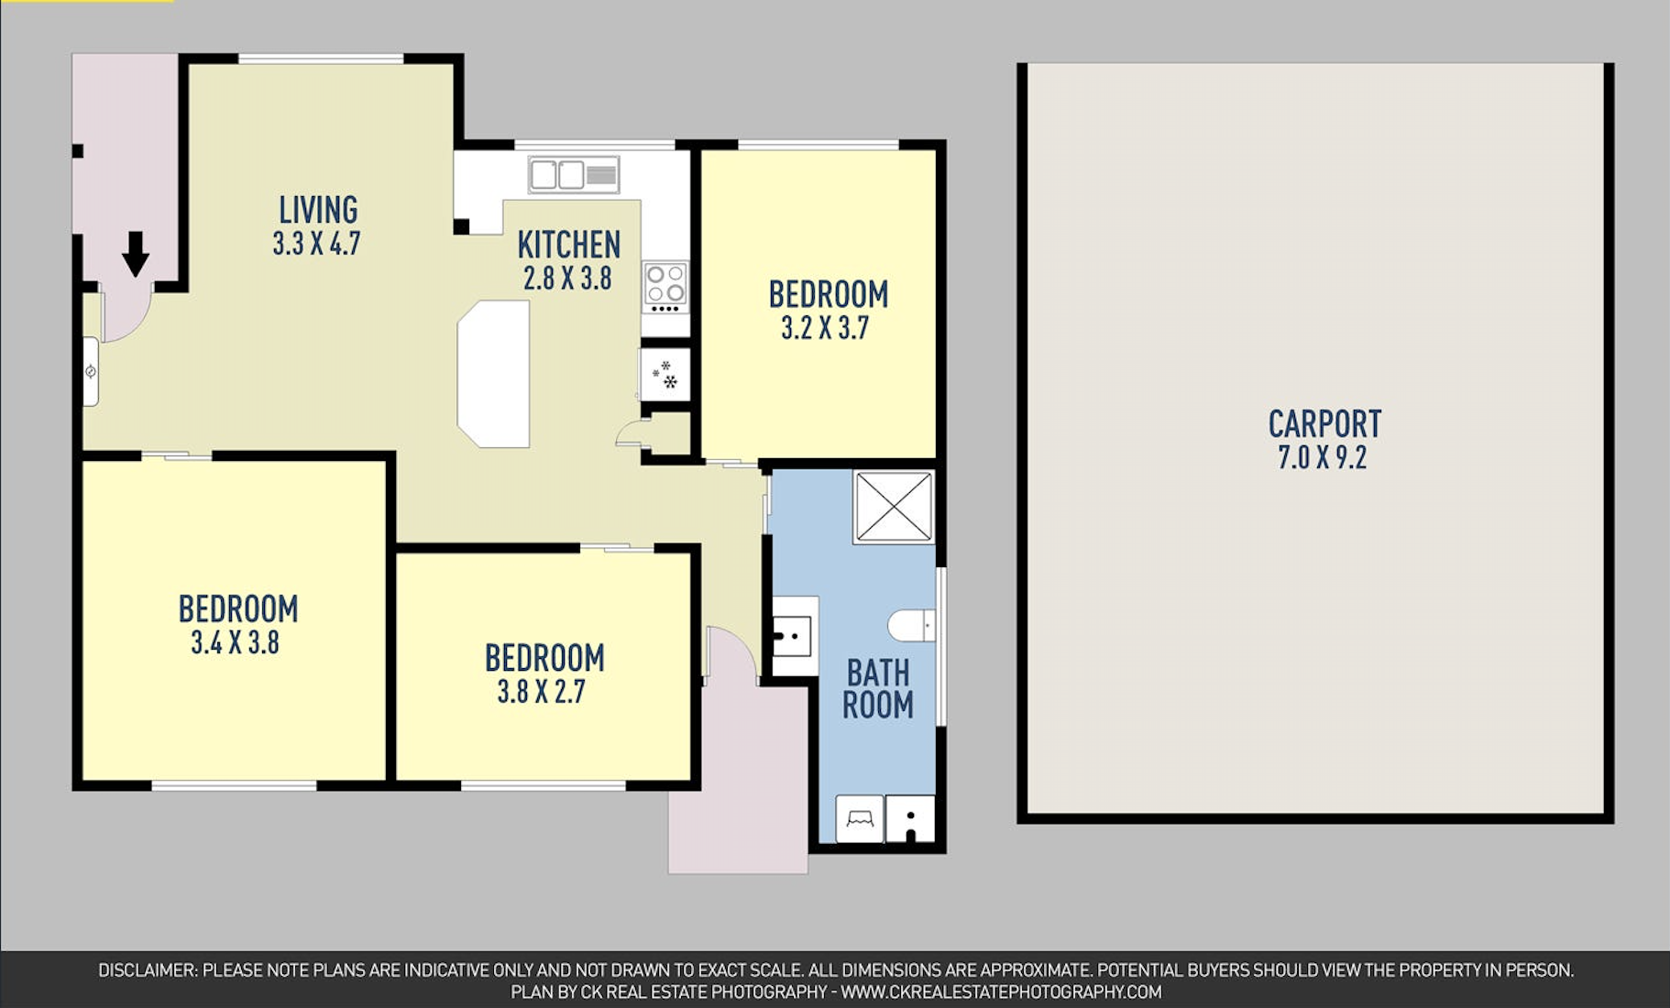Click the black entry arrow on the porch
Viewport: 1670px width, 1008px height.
coord(136,254)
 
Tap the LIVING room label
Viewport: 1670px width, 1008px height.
coord(318,210)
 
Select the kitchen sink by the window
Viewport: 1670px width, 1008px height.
coord(574,174)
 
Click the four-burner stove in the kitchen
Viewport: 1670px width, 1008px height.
coord(665,284)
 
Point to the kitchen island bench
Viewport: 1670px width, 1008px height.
coord(494,374)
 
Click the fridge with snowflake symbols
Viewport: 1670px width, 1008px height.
coord(665,374)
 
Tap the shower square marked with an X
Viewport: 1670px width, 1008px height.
coord(894,507)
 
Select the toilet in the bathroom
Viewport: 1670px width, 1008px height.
coord(912,626)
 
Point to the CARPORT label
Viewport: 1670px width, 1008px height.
coord(1324,424)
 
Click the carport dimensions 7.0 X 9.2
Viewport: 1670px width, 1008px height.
coord(1323,457)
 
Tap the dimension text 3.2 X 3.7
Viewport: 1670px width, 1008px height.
coord(825,328)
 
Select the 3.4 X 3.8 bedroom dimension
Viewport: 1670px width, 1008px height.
coord(235,642)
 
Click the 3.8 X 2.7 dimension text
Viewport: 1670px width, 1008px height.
coord(541,691)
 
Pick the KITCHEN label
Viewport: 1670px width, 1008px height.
coord(569,245)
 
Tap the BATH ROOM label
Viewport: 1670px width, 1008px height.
coord(878,689)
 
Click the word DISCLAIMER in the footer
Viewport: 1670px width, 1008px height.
coord(148,970)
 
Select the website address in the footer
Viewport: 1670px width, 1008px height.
coord(1001,992)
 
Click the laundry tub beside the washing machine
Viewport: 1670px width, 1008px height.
coord(911,818)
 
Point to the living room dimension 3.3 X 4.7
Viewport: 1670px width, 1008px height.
coord(316,244)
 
